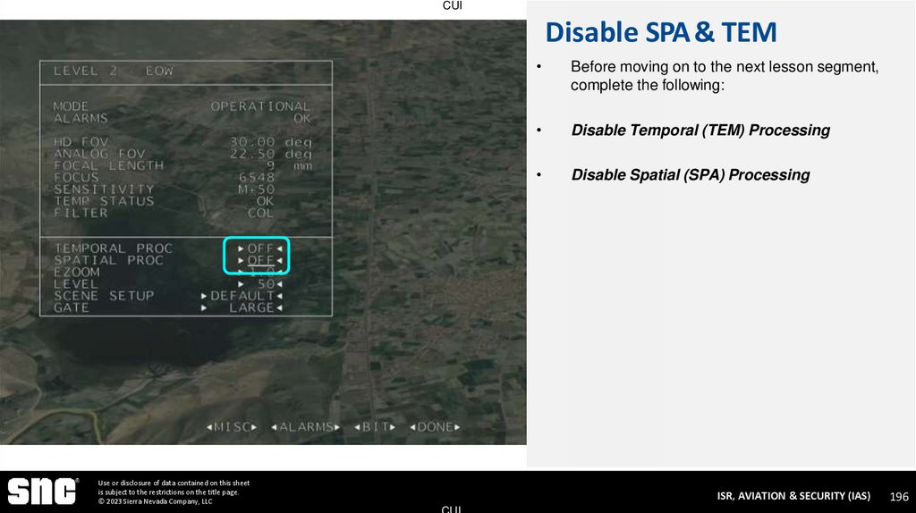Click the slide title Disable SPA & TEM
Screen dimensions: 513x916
[660, 33]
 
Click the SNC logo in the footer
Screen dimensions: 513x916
[42, 491]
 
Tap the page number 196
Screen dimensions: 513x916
[899, 496]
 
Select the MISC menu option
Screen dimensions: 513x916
[232, 427]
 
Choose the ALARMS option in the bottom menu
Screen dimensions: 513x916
[306, 427]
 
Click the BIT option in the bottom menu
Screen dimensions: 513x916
[375, 427]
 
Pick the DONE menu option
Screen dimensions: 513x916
[436, 427]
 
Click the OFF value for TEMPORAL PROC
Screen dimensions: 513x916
[260, 248]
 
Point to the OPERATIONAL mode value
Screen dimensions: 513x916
[260, 106]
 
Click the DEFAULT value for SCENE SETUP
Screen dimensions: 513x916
[242, 296]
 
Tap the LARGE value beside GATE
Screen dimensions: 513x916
[251, 307]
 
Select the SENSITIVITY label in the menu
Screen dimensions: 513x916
[104, 189]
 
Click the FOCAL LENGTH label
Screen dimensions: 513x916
[108, 165]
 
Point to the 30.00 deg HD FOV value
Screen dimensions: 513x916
[269, 142]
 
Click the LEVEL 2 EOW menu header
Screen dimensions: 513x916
[114, 71]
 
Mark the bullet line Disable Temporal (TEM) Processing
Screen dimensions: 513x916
[700, 130]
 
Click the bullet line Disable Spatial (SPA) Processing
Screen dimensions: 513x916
[690, 175]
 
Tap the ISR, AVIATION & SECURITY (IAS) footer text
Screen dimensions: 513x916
[793, 495]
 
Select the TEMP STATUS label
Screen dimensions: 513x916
[104, 201]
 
